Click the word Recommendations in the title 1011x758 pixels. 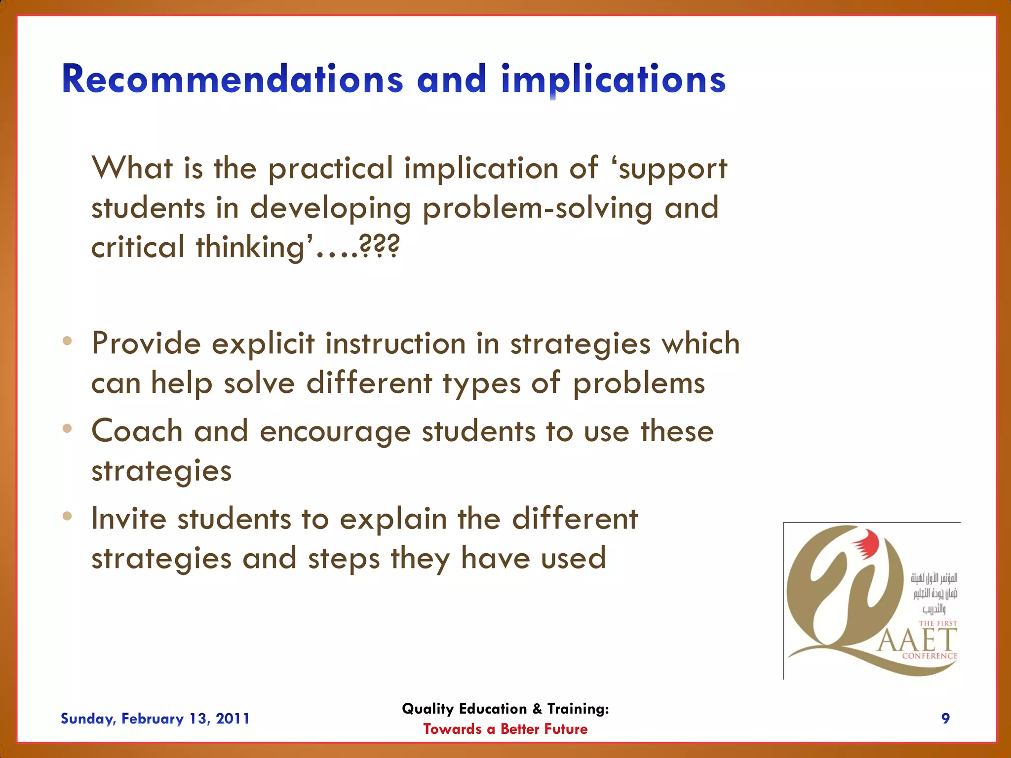[x=232, y=79]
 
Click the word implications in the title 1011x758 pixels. [x=613, y=79]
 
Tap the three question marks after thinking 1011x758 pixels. [x=379, y=247]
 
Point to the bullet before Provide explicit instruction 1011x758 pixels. [x=68, y=341]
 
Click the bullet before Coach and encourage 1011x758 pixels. [x=68, y=428]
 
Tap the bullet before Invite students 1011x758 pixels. [x=68, y=516]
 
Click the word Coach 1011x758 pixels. [x=137, y=431]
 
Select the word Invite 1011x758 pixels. [x=128, y=519]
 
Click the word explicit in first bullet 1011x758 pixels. [x=263, y=343]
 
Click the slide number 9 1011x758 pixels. [x=945, y=719]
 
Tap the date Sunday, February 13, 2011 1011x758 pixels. [x=155, y=719]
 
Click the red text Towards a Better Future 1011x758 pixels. [x=505, y=729]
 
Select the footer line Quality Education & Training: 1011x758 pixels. [x=505, y=709]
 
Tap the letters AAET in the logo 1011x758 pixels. [x=917, y=641]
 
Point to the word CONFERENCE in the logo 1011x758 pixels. [x=930, y=656]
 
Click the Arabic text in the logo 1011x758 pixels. [x=934, y=593]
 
